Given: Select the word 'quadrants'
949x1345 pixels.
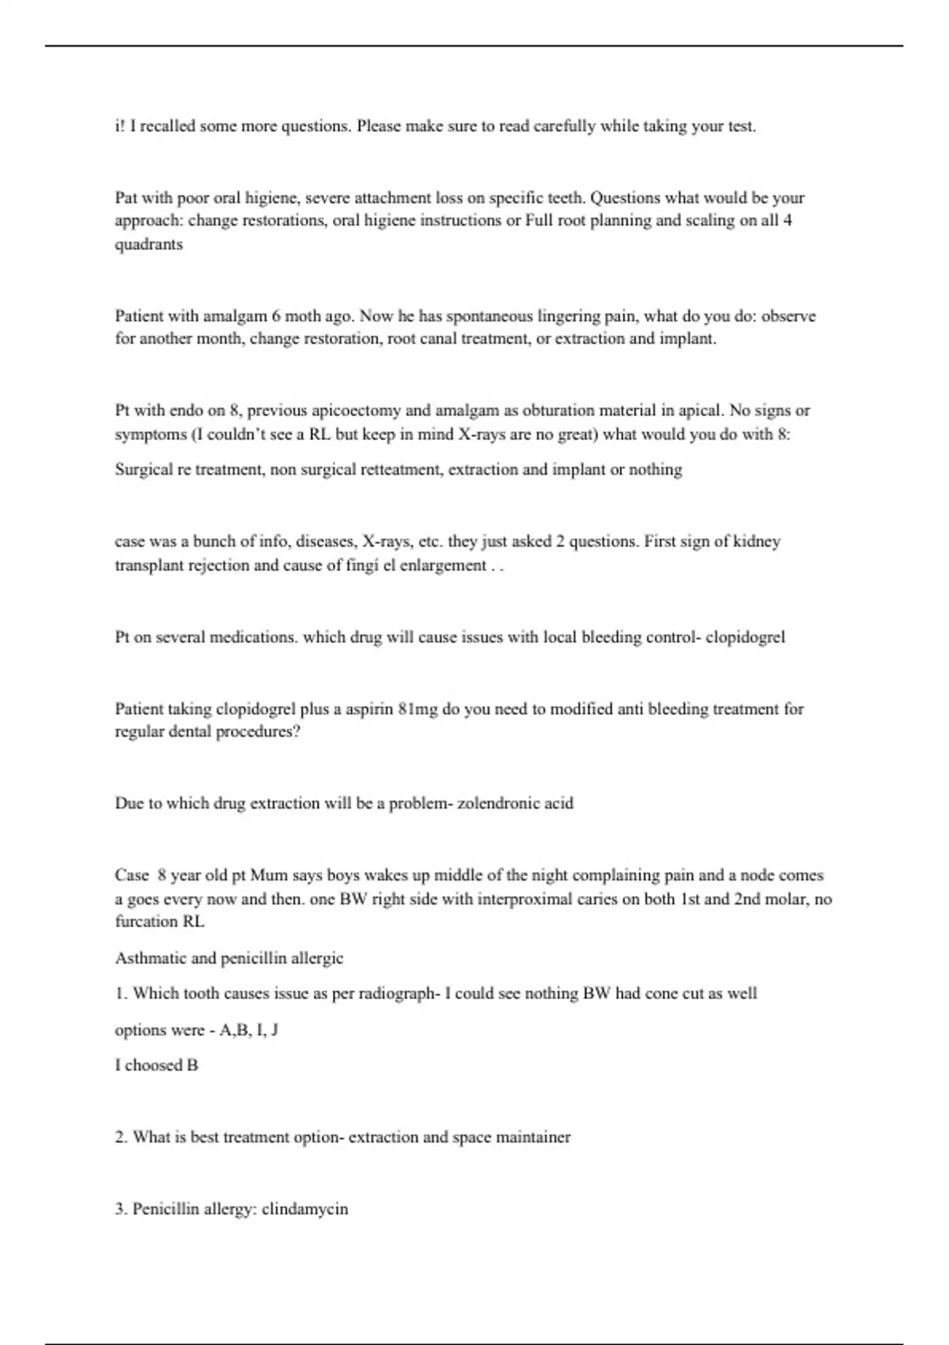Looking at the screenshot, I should [x=149, y=244].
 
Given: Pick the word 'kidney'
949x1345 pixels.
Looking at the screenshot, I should [x=757, y=542].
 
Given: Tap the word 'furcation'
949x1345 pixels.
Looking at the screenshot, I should [x=147, y=922].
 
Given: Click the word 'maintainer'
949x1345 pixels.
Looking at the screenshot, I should [x=532, y=1138].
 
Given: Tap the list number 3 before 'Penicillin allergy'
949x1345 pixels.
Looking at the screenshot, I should [x=120, y=1210].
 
